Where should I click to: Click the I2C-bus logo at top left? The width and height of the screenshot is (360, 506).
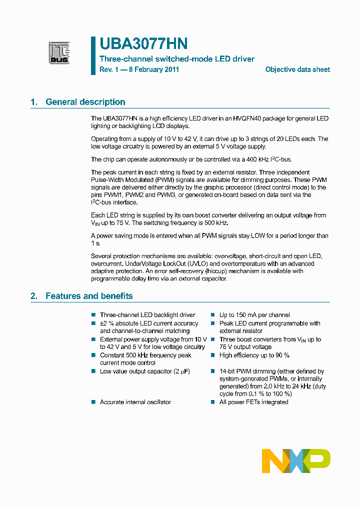[59, 53]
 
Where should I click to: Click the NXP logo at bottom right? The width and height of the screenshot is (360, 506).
[296, 460]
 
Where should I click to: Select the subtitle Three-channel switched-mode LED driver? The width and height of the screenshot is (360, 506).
[177, 59]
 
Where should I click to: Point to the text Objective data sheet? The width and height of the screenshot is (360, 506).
[297, 70]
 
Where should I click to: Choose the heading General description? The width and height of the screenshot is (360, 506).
[85, 102]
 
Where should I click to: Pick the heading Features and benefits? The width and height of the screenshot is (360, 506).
[89, 296]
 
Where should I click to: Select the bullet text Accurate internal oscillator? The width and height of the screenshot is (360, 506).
[135, 402]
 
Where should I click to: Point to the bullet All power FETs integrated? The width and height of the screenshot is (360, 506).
[254, 402]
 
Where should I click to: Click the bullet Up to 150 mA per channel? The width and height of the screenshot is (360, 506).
[254, 315]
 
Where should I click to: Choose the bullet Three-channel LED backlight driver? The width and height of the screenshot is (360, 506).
[147, 315]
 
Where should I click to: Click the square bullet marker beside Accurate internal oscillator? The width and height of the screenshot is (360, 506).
[93, 402]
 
